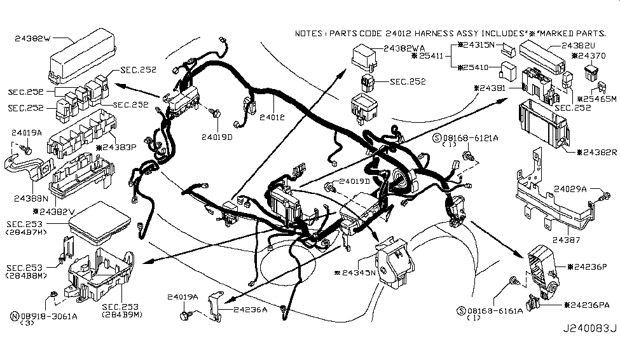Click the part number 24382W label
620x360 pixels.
tap(32, 38)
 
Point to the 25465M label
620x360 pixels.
tap(597, 99)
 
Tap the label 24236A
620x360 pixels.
tap(251, 309)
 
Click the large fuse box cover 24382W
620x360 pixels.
tap(76, 57)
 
